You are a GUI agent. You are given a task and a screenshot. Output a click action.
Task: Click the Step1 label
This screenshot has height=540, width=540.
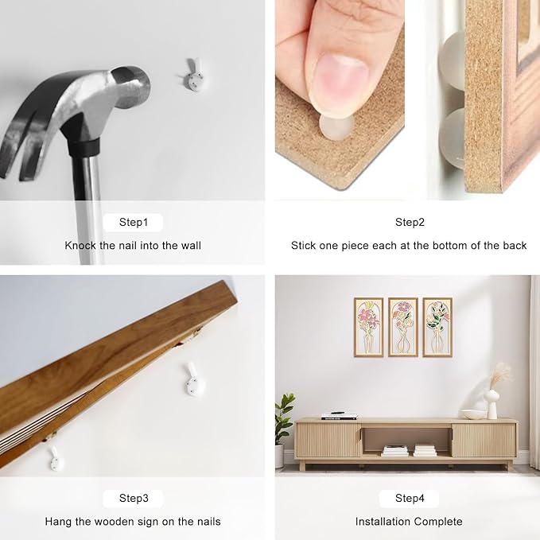pos(134,222)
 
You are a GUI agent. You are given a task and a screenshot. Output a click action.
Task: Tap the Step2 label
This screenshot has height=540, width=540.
pos(410,222)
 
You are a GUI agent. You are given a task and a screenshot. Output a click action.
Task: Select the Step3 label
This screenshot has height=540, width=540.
pos(134,498)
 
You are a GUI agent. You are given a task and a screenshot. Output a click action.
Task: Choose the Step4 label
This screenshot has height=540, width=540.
pos(410,498)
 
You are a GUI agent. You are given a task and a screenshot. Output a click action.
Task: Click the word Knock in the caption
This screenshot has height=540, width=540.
pos(80,246)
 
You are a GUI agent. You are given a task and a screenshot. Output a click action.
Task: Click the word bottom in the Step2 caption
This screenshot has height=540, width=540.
pos(450,246)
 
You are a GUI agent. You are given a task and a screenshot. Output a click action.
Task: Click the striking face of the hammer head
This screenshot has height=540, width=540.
pos(134,84)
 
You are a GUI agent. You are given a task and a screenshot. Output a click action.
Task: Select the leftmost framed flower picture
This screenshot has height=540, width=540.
pos(369,327)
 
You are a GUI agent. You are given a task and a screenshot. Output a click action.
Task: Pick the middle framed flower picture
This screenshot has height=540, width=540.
pos(403,327)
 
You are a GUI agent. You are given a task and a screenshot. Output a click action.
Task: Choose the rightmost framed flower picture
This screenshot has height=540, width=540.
pos(437,327)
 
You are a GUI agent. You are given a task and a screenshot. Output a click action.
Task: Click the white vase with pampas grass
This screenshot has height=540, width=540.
pos(493,399)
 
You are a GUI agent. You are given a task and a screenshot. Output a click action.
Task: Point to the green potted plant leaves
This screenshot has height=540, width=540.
pos(284,417)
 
